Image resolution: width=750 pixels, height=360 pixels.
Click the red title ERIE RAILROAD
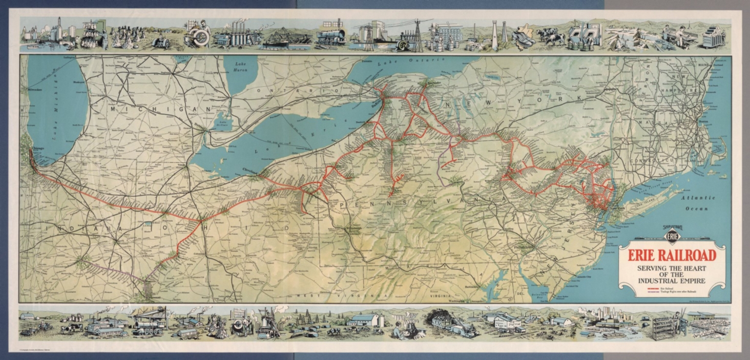point(672,255)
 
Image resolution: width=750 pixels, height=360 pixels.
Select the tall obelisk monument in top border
point(494,34)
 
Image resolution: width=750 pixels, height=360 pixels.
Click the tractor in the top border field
point(161,42)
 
